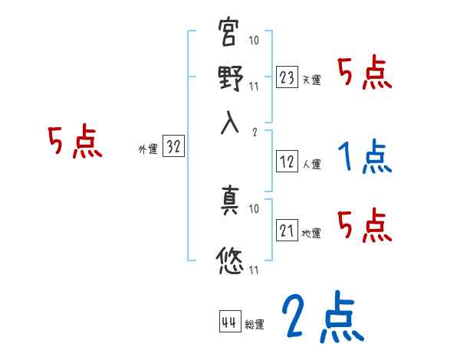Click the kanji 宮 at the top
[230, 34]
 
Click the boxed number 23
[287, 77]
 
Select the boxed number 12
[287, 162]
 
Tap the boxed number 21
[287, 231]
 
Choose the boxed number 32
[173, 148]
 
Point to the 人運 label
[311, 164]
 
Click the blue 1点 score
[365, 157]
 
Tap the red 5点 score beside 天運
[365, 74]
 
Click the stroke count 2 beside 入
[254, 131]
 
